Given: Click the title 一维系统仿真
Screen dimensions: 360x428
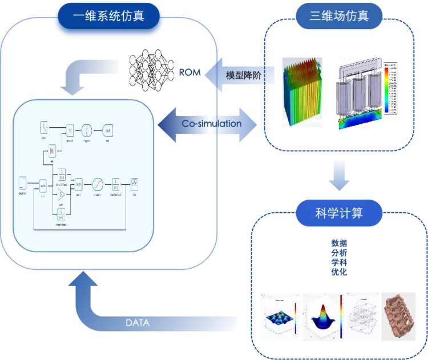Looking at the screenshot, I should (109, 15).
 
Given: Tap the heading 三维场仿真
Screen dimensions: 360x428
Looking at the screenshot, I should (339, 15).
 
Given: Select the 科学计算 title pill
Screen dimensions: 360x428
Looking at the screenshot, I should (339, 214).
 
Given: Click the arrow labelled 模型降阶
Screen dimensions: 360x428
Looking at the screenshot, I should (240, 75).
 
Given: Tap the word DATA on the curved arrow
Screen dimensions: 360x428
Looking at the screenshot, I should (138, 322).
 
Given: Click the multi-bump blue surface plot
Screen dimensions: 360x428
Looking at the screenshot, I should (281, 316).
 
